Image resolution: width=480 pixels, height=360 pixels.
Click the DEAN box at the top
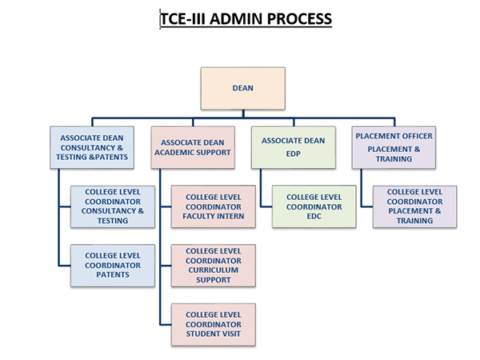point(242,89)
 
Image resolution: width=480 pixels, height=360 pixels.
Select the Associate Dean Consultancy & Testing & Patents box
point(92,147)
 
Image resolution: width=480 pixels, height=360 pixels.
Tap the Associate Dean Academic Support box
point(193,147)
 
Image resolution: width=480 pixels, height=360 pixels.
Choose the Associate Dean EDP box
point(294,147)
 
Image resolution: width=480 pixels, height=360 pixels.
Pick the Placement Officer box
point(394,147)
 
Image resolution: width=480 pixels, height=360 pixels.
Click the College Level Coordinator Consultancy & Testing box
point(113,206)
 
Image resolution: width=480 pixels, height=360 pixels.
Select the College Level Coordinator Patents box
point(113,266)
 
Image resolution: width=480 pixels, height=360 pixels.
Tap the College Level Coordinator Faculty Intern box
point(214,206)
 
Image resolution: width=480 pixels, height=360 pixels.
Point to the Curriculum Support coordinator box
point(214,266)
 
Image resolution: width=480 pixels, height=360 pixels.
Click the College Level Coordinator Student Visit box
point(214,325)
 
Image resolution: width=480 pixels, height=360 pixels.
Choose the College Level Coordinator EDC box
point(314,206)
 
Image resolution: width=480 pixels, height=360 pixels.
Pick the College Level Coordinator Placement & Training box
point(414,206)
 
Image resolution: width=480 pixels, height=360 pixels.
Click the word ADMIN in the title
point(236,18)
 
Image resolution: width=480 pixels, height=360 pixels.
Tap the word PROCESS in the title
point(299,18)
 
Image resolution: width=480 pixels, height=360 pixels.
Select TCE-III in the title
point(183,18)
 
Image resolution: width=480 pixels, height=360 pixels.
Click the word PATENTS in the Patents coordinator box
point(113,274)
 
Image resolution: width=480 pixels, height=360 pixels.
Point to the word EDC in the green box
point(314,216)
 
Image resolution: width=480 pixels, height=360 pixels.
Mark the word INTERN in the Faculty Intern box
point(230,216)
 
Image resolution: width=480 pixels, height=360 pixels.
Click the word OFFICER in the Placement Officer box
point(415,136)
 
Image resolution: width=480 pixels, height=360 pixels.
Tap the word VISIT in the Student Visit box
point(232,334)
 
